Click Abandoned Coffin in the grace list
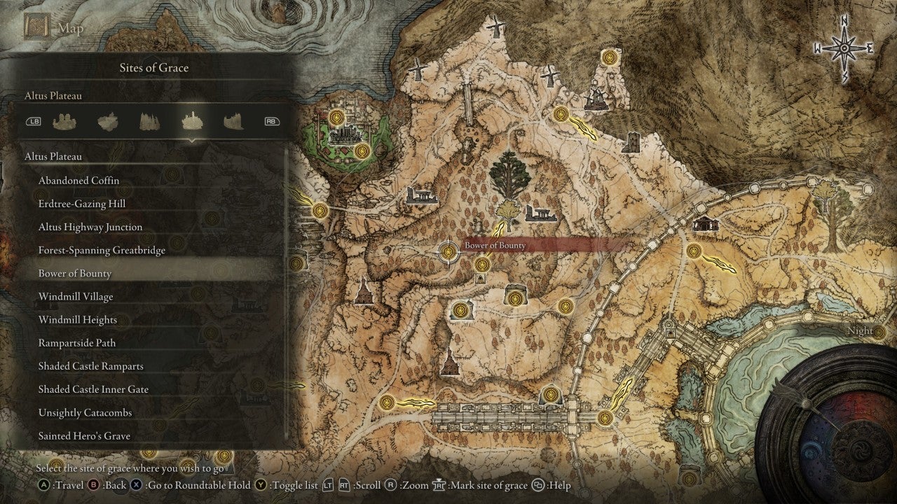[78, 181]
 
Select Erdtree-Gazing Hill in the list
[82, 204]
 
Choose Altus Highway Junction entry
[90, 227]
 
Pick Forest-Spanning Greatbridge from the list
[102, 250]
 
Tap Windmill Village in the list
[76, 297]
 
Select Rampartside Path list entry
[77, 343]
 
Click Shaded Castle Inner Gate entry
[93, 389]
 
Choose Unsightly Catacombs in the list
[85, 412]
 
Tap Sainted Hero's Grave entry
[84, 435]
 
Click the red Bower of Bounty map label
[495, 246]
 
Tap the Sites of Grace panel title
[154, 68]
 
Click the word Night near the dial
[860, 330]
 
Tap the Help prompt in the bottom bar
[553, 485]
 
